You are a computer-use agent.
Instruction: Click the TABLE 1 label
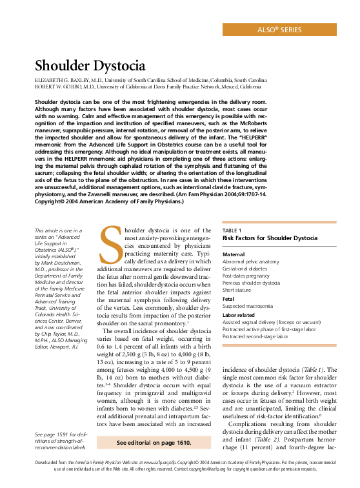pos(232,230)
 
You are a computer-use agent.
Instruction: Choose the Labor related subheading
pos(239,315)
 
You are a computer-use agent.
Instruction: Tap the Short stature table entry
pos(238,289)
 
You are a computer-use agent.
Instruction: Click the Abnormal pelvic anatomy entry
pos(252,262)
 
